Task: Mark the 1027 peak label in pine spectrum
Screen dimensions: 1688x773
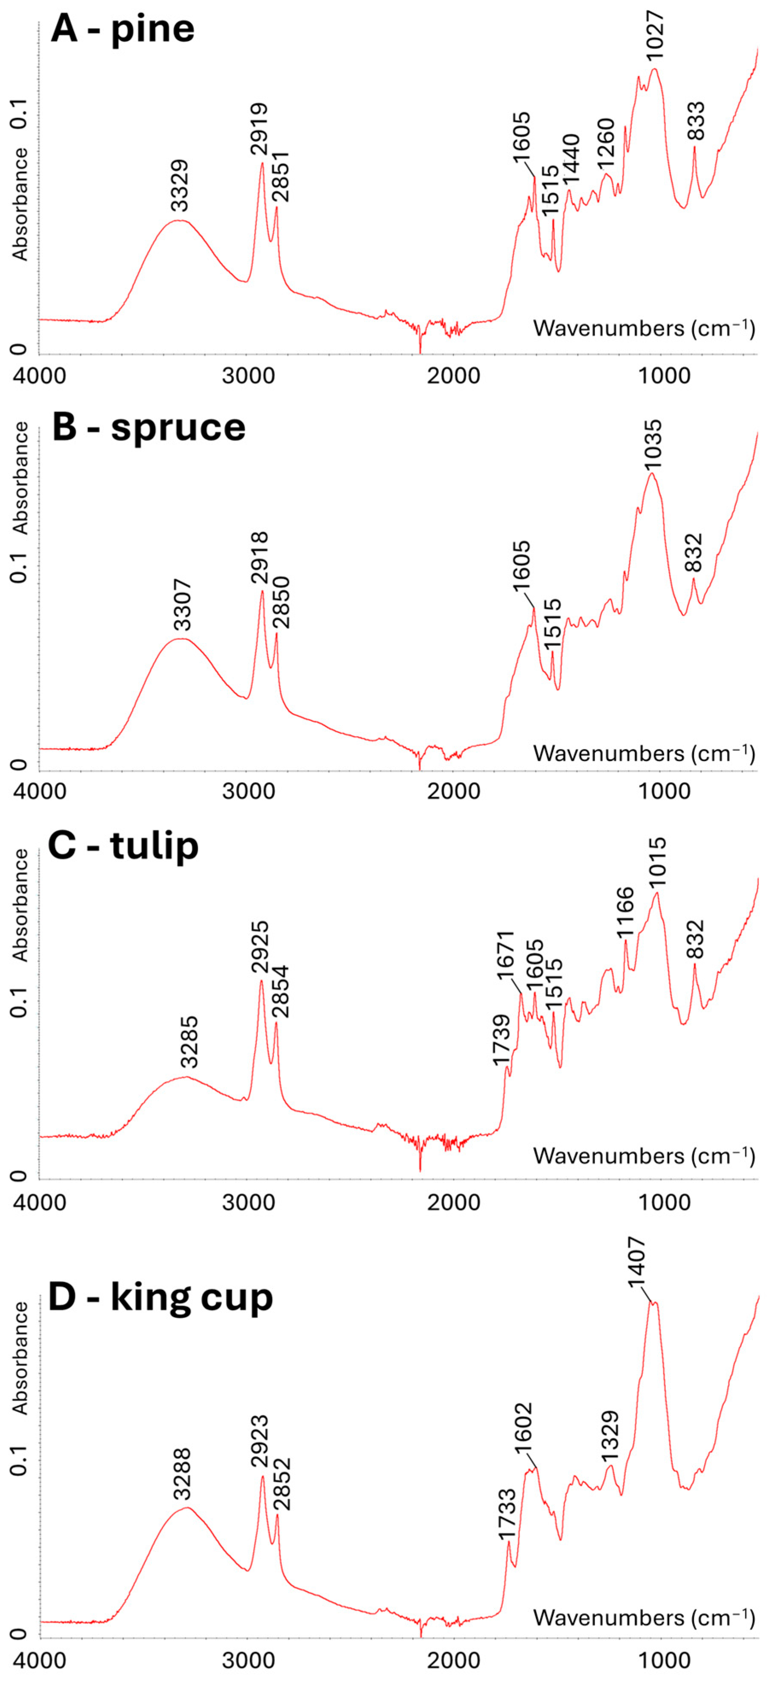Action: coord(656,36)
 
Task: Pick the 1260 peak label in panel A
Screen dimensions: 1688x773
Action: coord(606,145)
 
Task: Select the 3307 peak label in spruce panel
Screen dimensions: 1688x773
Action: coord(183,604)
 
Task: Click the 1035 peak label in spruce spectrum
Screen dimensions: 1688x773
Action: coord(653,444)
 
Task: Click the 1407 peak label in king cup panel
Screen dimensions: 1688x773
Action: coord(637,1263)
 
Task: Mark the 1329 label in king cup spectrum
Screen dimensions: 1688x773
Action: coord(610,1436)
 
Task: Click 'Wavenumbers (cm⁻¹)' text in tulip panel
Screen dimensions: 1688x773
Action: coord(644,1155)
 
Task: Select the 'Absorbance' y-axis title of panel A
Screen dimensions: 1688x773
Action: coord(21,204)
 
